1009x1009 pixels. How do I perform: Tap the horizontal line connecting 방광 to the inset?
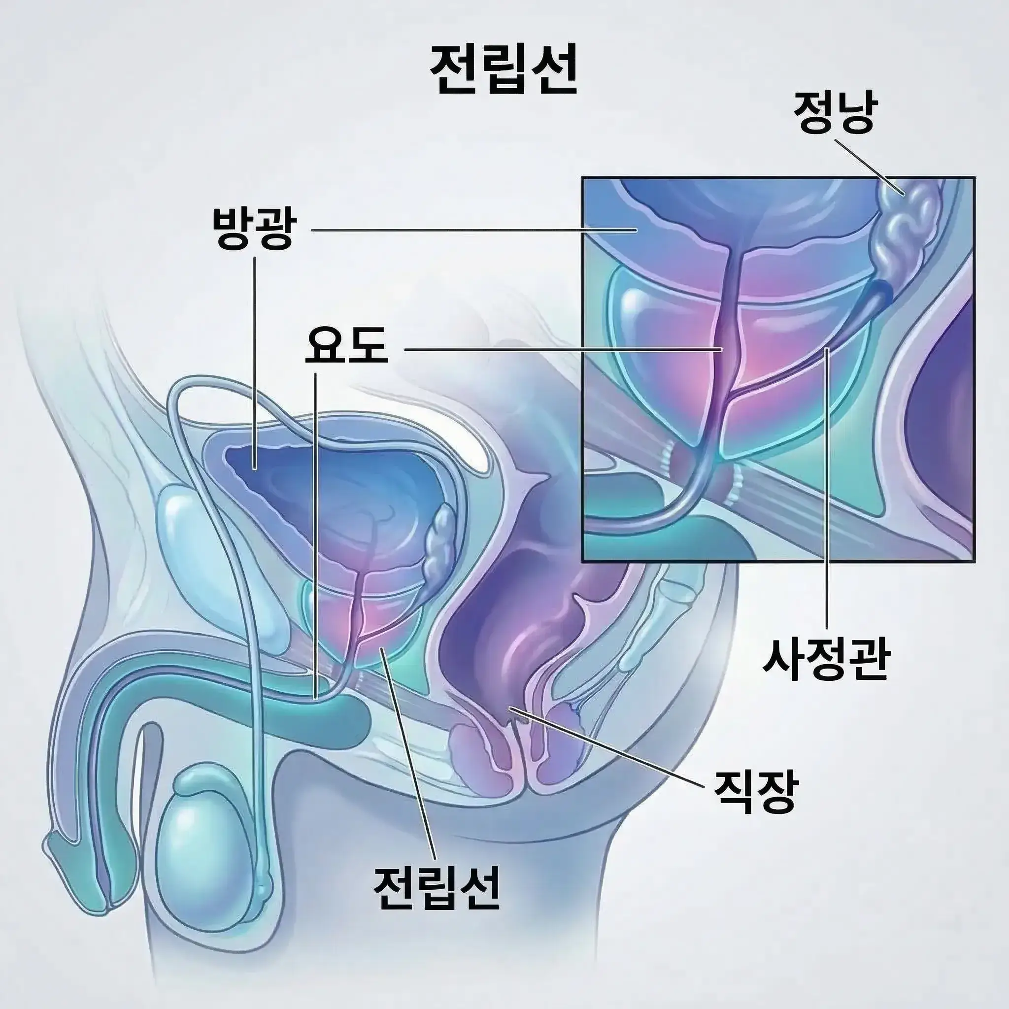pyautogui.click(x=473, y=230)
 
